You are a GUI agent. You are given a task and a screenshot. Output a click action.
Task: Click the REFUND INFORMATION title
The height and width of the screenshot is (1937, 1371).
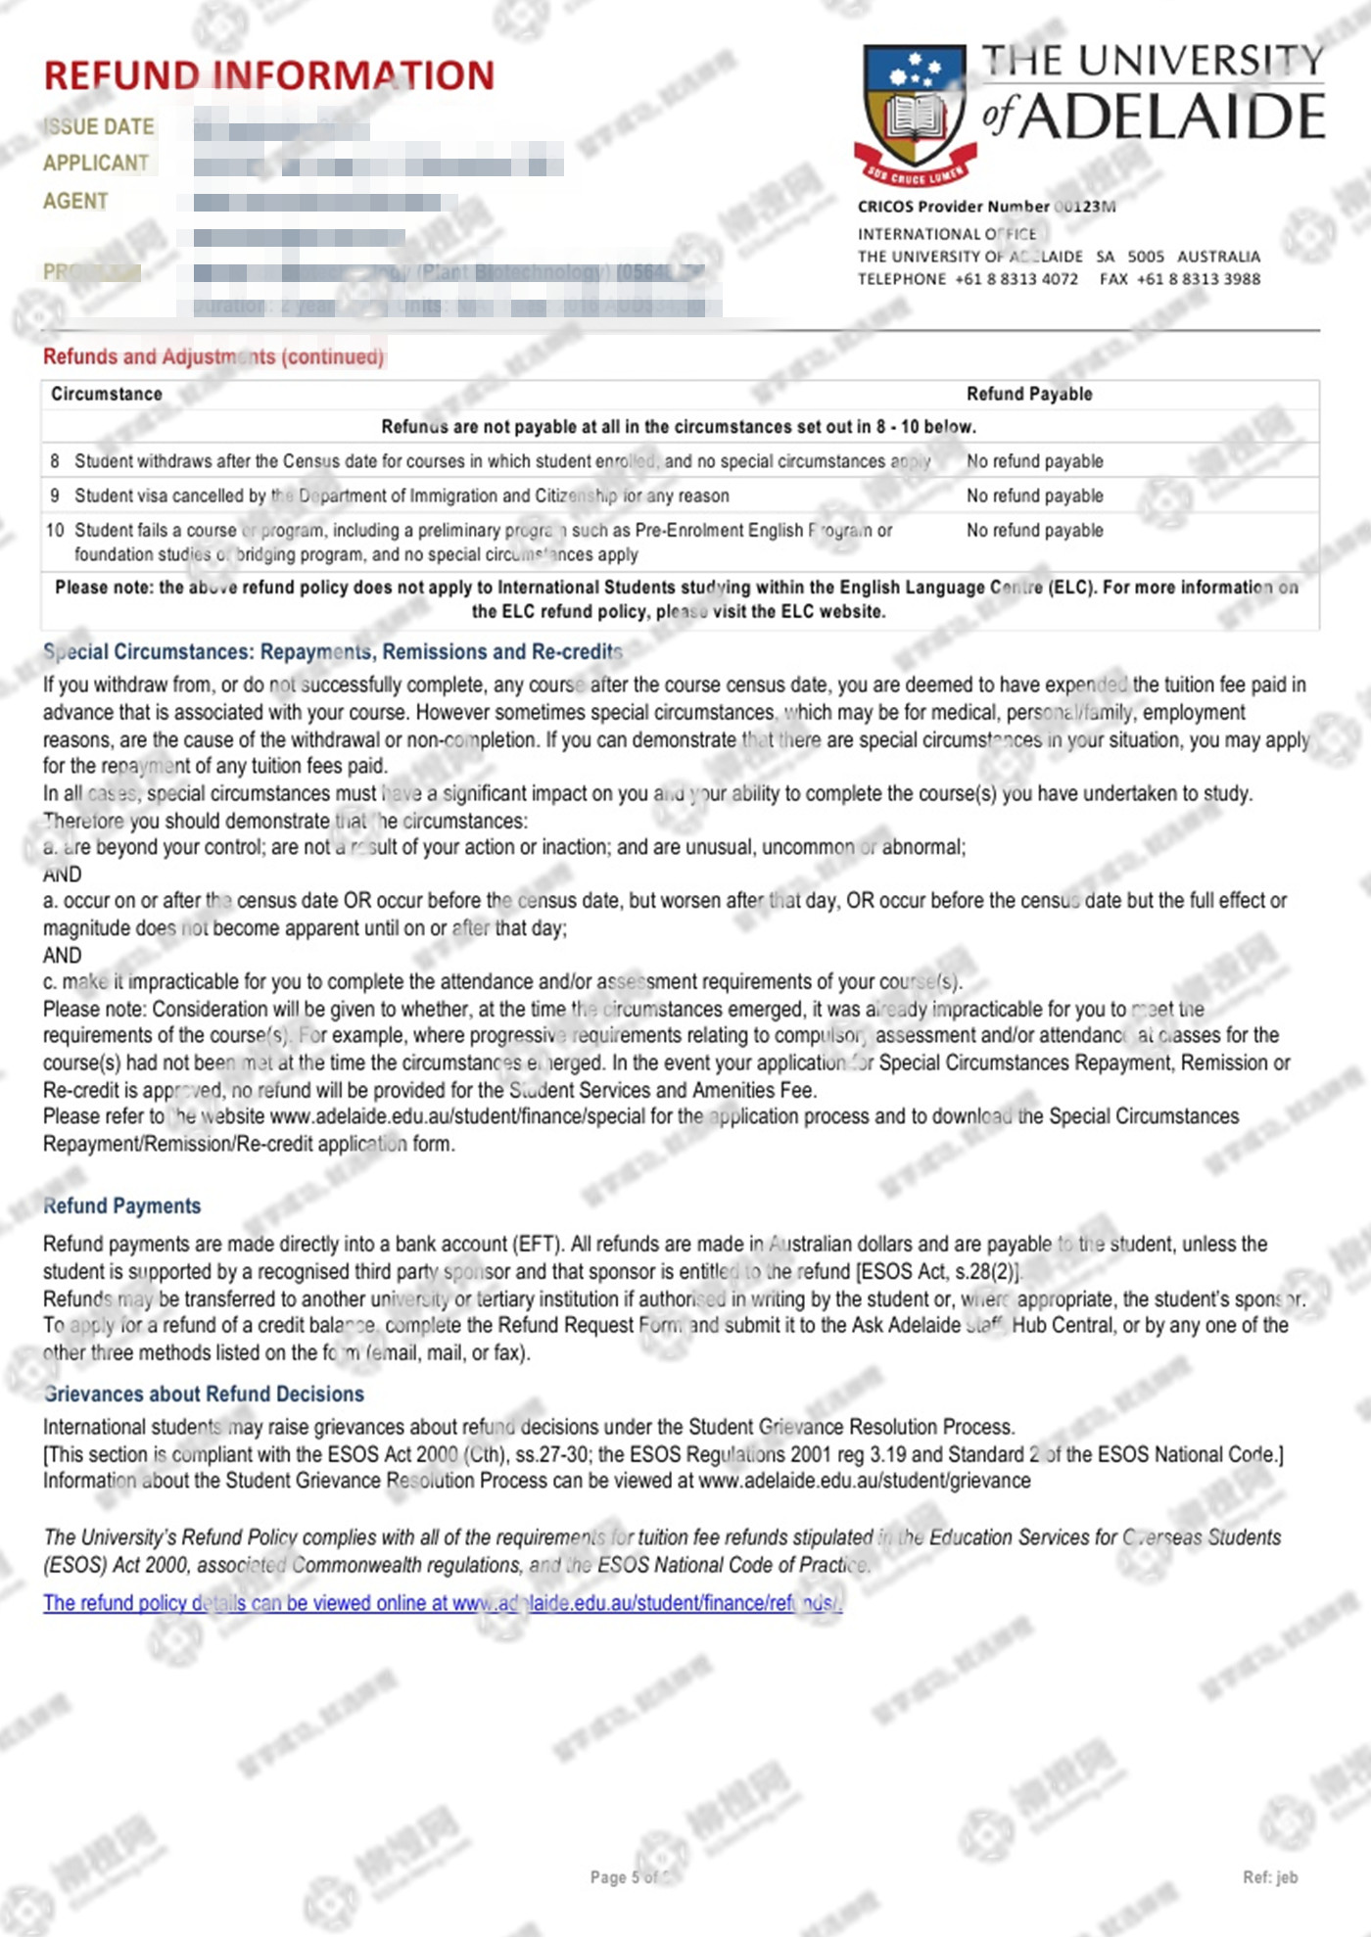coord(269,76)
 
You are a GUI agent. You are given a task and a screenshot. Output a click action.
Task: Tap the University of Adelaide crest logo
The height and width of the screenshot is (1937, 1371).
coord(915,113)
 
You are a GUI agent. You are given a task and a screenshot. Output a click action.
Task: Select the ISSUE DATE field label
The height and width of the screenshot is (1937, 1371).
coord(99,127)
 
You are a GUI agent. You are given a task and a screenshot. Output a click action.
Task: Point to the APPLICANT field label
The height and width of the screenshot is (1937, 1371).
coord(96,164)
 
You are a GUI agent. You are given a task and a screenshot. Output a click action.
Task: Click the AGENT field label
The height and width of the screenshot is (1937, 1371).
coord(75,201)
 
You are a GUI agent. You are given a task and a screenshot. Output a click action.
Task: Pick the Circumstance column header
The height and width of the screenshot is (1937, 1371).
coord(107,394)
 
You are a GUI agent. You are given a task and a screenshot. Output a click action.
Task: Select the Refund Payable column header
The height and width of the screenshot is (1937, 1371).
coord(1028,394)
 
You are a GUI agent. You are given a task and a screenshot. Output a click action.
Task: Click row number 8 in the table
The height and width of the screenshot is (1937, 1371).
coord(55,461)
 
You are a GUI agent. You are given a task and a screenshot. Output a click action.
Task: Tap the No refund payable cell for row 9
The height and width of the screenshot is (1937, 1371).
coord(1034,496)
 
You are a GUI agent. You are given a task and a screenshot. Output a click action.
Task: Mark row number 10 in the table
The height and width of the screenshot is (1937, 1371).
coord(55,530)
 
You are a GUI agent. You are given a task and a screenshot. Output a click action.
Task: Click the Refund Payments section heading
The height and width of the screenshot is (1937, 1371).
coord(122,1205)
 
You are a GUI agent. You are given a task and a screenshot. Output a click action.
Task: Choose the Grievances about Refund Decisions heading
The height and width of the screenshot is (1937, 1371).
coord(204,1394)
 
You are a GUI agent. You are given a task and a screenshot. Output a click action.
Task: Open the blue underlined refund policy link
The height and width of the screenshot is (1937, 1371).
coord(442,1603)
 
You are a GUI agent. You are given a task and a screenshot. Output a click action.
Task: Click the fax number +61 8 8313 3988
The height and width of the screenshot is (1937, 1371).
coord(1199,279)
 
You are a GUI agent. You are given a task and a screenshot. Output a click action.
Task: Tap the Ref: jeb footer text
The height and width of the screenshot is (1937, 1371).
coord(1269,1877)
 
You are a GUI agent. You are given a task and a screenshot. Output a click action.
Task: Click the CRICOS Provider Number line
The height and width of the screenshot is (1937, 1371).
coord(986,207)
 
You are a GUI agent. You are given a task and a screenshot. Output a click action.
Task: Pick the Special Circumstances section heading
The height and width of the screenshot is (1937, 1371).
coord(333,652)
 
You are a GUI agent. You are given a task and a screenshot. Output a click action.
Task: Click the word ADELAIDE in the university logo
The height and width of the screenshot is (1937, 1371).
coord(1173,117)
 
